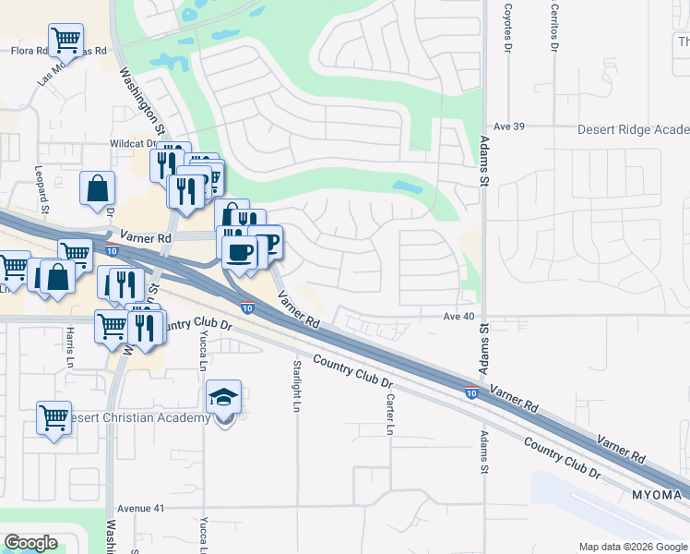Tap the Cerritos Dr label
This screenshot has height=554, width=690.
pos(554,27)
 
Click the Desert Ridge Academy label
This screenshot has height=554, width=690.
pos(633,130)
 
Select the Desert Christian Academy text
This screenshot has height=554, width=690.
pos(138,418)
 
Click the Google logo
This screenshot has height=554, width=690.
pos(30,543)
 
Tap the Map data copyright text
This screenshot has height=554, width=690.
pos(632,547)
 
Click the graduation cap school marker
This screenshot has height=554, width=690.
pos(223,398)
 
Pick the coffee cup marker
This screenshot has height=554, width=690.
pos(238,251)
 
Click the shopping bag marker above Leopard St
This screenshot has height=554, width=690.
pos(97,189)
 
